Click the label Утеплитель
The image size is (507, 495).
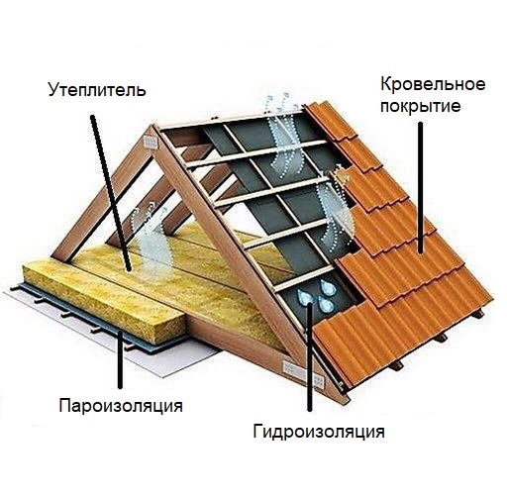pos(97,90)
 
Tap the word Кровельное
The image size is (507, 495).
pos(433,84)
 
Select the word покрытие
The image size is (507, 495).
pos(420,106)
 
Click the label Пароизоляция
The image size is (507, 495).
pos(121,406)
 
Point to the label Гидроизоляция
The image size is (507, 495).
pos(319,431)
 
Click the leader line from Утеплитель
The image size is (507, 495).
pos(111,193)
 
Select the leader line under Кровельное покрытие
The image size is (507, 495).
pos(421,187)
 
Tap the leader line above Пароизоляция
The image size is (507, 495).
pos(120,359)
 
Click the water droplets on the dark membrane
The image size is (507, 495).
pos(317,294)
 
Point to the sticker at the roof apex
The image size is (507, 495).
pos(151,143)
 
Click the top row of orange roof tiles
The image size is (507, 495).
pos(330,121)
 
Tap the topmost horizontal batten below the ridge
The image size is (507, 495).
pos(231,122)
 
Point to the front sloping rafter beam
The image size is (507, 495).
pos(246,260)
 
